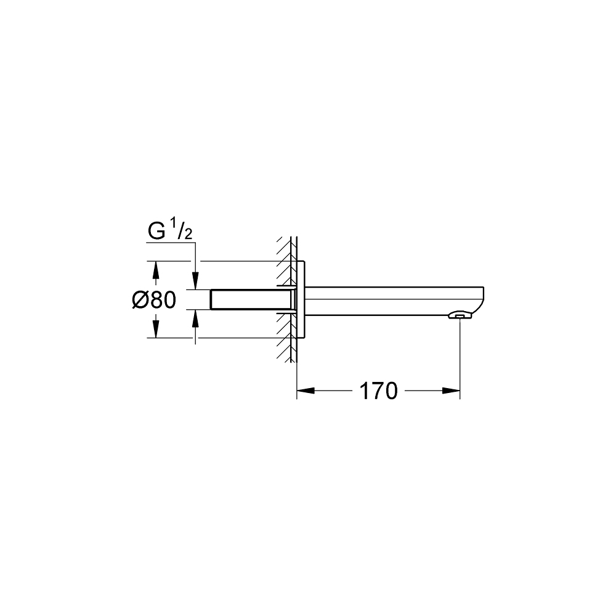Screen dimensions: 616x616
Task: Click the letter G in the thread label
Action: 156,232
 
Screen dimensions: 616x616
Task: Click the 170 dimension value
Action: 378,391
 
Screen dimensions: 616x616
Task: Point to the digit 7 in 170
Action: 378,391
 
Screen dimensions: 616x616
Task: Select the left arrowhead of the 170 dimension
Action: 306,391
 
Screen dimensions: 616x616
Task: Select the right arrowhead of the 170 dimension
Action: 452,391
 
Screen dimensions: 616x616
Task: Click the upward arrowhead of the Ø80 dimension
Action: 156,269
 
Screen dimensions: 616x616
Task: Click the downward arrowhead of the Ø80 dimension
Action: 156,330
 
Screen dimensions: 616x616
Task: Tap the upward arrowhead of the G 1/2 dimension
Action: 195,317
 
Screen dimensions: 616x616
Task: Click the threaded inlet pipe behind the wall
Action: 246,300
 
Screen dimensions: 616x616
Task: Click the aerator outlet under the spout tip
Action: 460,317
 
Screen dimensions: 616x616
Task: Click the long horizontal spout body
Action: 388,301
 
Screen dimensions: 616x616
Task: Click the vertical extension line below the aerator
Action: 461,357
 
